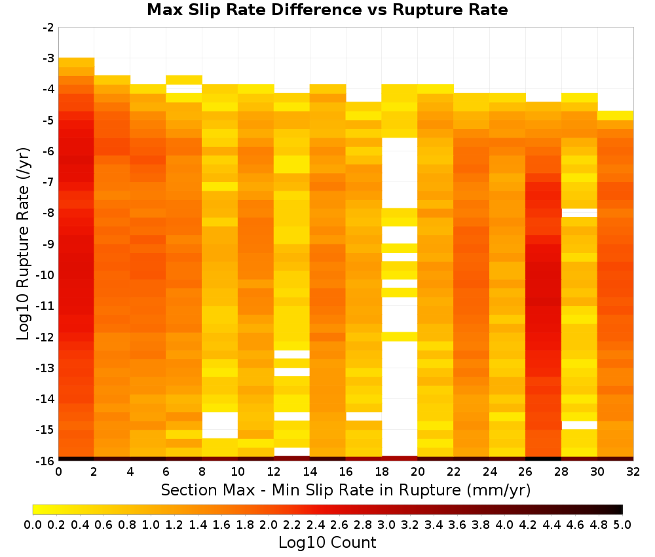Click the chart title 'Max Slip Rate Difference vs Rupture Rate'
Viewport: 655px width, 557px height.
click(327, 10)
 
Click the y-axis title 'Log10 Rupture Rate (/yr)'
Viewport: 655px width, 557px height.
click(24, 244)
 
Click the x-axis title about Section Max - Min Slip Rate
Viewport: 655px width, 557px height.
click(346, 490)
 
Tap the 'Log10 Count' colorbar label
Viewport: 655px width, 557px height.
click(327, 543)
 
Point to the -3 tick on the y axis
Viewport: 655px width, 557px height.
click(48, 58)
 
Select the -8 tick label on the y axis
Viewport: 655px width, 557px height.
click(48, 213)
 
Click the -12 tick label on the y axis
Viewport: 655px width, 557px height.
click(46, 337)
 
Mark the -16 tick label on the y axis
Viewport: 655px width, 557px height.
click(46, 461)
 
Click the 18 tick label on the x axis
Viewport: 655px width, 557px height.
click(382, 472)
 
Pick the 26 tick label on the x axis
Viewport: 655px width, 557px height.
click(525, 472)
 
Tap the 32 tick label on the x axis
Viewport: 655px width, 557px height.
click(633, 472)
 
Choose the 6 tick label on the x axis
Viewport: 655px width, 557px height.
click(166, 472)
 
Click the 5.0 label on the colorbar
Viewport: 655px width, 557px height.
click(622, 524)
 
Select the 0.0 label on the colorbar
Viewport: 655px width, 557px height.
click(33, 524)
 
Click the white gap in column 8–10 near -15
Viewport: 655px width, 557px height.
click(220, 425)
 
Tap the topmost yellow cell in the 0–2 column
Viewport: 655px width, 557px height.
click(77, 62)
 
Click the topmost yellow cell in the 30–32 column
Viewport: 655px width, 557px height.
click(615, 115)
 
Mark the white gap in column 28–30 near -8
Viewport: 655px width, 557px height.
click(580, 213)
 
